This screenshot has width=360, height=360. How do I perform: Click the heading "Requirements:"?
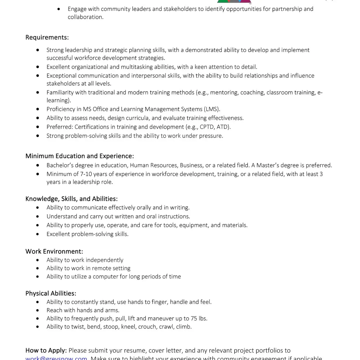tap(47, 37)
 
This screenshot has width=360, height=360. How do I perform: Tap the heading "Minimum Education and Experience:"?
tap(79, 156)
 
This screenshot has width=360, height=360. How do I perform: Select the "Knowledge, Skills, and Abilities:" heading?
tap(71, 199)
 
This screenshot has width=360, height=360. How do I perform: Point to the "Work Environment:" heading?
tap(54, 251)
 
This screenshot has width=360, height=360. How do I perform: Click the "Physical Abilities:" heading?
tap(51, 294)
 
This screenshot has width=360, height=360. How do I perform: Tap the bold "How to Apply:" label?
tap(46, 351)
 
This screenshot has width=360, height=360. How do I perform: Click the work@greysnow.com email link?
tap(56, 358)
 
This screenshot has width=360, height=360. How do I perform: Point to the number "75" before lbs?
tap(194, 318)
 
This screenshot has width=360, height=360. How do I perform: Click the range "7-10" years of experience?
tap(86, 174)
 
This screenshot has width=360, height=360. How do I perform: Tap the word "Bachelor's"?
tap(60, 165)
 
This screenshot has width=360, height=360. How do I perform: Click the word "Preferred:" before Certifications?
tap(60, 127)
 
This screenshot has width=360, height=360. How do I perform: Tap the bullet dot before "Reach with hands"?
tap(38, 310)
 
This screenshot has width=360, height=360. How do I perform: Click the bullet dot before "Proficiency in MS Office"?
tap(38, 109)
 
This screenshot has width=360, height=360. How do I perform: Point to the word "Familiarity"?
tap(62, 92)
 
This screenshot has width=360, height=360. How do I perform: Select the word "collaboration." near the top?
tap(86, 17)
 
